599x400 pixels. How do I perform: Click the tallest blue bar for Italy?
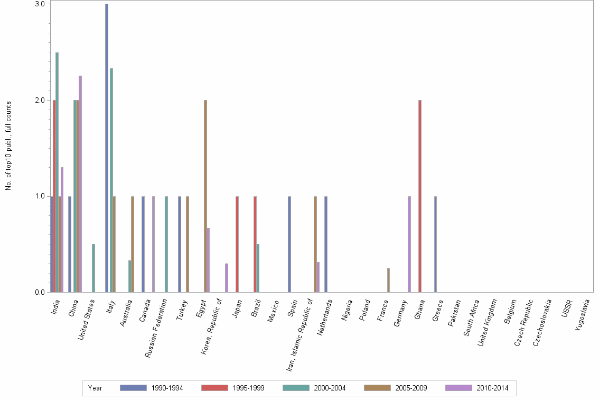coord(107,148)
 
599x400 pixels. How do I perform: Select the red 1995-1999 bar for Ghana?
coord(420,196)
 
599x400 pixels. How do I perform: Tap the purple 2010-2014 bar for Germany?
coord(409,244)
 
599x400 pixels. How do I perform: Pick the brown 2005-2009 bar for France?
coord(388,280)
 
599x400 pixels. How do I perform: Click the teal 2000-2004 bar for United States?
coord(93,268)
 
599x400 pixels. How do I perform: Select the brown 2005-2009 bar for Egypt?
coord(205,196)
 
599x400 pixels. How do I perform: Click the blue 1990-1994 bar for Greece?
coord(435,244)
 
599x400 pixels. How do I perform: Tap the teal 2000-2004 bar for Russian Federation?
coord(166,244)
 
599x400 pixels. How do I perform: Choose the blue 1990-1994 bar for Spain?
coord(289,244)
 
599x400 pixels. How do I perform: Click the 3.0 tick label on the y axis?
coord(40,4)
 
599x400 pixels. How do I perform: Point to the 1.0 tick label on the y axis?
coord(40,196)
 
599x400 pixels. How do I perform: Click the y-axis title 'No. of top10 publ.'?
coord(8,146)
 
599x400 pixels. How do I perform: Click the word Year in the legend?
coord(95,388)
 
